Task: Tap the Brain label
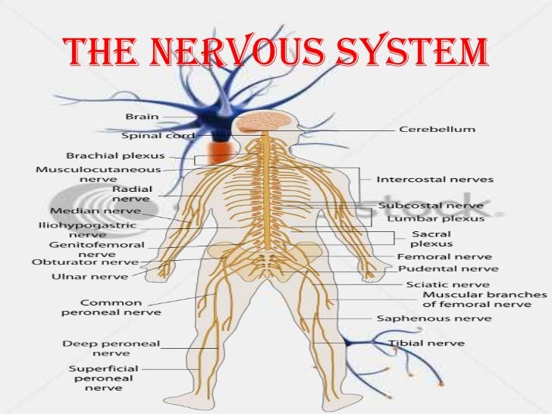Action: [x=143, y=116]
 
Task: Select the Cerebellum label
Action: [x=438, y=129]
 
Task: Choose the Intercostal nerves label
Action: [x=435, y=180]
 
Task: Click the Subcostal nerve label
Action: [x=430, y=205]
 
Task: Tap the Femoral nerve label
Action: [x=435, y=256]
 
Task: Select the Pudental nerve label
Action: [x=438, y=268]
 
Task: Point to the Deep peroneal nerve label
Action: [x=111, y=348]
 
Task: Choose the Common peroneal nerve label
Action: [x=121, y=306]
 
